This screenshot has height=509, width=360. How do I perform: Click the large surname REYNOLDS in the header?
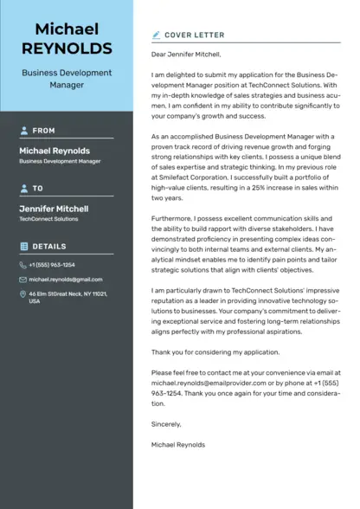point(67,48)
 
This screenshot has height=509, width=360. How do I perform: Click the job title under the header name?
point(66,80)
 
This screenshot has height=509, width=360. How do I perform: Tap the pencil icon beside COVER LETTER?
point(156,35)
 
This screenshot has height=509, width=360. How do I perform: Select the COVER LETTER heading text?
point(196,35)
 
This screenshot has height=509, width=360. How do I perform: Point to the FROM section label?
point(43,131)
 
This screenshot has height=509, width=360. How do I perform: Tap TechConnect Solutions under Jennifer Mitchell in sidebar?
point(48,219)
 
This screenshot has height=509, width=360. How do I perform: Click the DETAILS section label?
point(49,247)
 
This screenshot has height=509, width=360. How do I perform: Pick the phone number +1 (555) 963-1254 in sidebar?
point(52,265)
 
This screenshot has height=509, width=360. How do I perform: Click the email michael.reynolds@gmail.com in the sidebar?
point(66,280)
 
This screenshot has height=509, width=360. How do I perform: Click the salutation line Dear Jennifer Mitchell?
point(186,55)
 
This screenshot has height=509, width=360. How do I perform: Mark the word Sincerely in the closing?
point(166,424)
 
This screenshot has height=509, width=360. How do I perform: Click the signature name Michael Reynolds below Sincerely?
point(178,444)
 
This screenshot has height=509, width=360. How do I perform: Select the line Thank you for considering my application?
point(215,352)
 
